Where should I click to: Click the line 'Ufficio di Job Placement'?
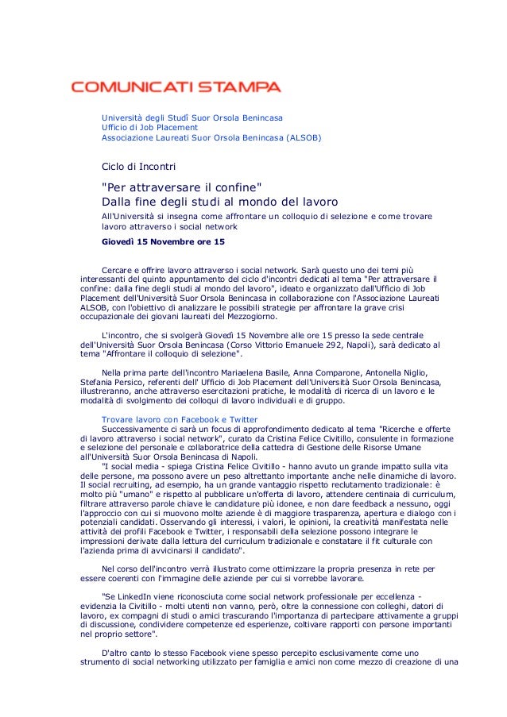click(149, 127)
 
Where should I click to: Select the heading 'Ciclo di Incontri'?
click(138, 167)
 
